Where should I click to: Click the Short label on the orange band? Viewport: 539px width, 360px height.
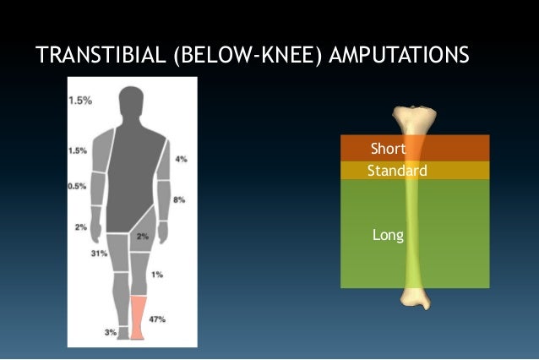coord(388,150)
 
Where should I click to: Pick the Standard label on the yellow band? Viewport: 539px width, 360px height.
coord(397,171)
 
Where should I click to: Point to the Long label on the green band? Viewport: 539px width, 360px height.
coord(388,234)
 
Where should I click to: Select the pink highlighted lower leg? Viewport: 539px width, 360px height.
coord(139,316)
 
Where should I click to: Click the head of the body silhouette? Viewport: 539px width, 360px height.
coord(131,105)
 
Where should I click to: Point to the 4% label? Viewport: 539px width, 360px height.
coord(181,159)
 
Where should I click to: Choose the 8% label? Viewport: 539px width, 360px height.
coord(178,199)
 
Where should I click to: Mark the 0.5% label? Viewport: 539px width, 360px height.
coord(77,186)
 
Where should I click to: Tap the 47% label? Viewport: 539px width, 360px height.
coord(157,319)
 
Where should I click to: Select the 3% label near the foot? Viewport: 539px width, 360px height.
coord(111,332)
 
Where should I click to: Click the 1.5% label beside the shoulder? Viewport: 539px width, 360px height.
coord(77,150)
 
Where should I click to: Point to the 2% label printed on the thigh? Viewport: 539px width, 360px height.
coord(143,237)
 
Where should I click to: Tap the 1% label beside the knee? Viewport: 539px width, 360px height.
coord(157,275)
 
